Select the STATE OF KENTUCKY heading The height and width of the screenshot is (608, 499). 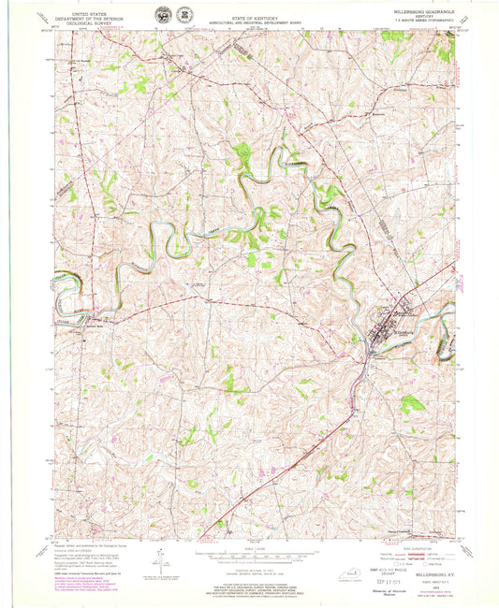click(249, 13)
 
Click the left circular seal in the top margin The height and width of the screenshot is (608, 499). click(163, 15)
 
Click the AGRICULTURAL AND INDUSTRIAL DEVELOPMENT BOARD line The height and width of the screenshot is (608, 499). click(249, 19)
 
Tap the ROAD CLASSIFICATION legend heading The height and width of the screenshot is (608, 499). click(404, 547)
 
